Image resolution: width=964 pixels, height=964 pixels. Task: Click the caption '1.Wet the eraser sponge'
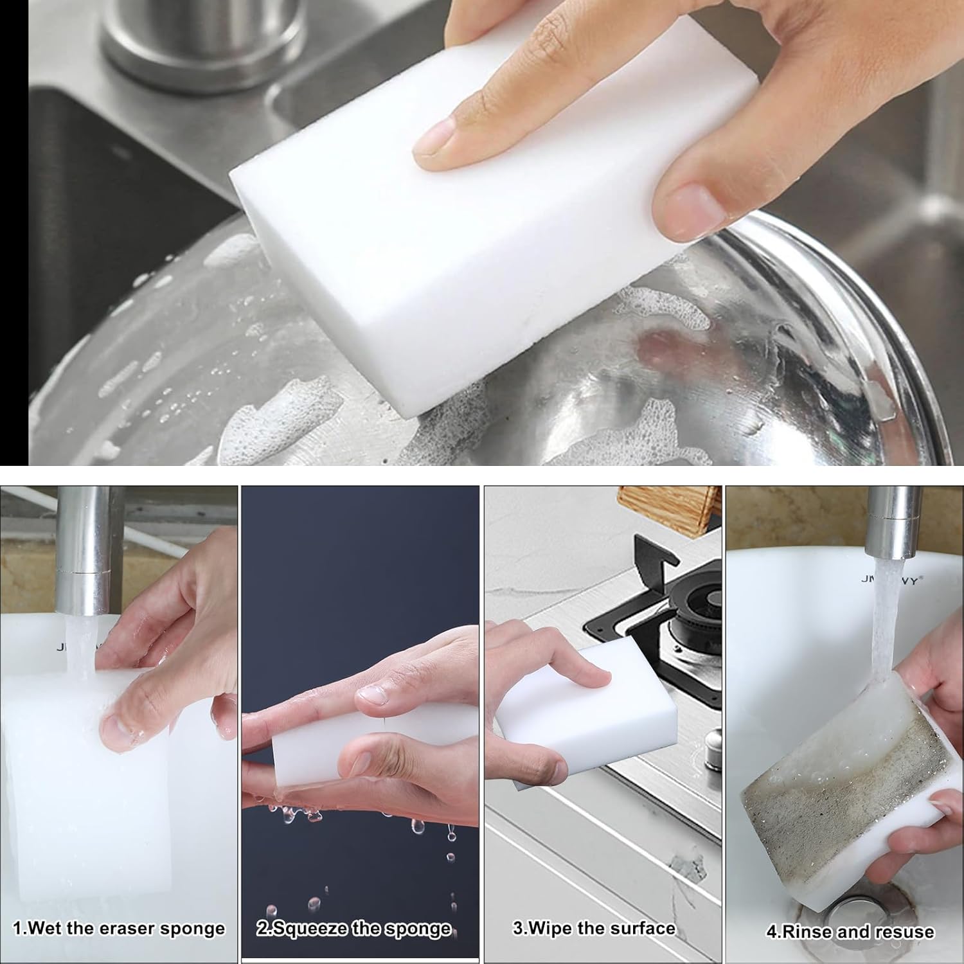click(x=119, y=929)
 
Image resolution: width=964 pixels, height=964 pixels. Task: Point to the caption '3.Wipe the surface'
click(x=594, y=928)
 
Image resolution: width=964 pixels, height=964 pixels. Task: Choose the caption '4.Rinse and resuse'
click(x=850, y=932)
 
